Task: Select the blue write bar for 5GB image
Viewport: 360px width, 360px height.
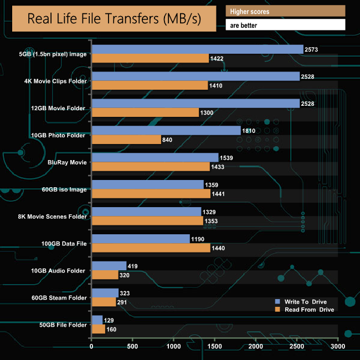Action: click(197, 49)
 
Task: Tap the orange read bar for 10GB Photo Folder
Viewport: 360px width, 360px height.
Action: click(126, 140)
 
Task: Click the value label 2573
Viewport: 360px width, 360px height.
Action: click(312, 50)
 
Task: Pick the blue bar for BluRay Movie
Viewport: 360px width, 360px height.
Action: click(155, 158)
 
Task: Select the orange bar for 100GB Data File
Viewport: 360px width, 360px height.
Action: click(151, 248)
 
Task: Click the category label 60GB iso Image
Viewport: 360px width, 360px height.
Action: click(64, 189)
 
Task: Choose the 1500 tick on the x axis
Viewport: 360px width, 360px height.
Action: click(214, 347)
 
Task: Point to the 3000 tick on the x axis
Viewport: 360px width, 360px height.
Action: click(338, 347)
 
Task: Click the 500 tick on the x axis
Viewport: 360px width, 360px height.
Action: click(132, 347)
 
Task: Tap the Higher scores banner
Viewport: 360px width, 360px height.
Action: click(285, 11)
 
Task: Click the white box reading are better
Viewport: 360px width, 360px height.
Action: click(285, 25)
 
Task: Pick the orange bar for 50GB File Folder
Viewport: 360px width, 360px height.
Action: click(98, 329)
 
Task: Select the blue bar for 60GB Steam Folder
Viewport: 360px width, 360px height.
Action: click(105, 293)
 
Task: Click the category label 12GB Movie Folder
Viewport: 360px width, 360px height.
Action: click(59, 108)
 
